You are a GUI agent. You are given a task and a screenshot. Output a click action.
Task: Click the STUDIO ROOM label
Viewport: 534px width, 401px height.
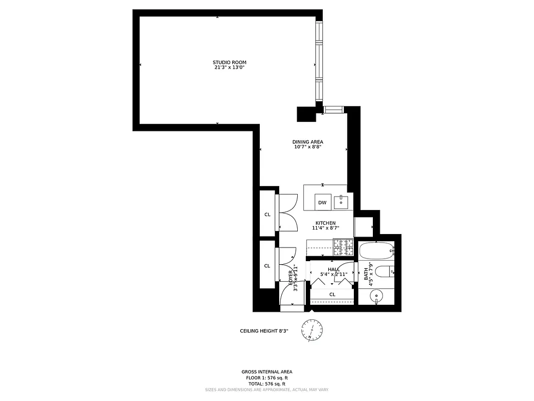point(229,62)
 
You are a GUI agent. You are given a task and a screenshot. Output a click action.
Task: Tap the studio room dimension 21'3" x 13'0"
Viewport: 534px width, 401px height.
point(229,67)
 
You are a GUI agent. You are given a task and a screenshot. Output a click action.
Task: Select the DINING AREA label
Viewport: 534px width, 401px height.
point(308,142)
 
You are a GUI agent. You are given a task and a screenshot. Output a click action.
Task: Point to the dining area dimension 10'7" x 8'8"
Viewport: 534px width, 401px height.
point(308,147)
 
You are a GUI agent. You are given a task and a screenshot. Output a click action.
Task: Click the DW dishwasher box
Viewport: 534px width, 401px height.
point(322,203)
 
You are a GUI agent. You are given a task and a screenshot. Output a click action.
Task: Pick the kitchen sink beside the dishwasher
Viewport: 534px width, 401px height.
point(343,202)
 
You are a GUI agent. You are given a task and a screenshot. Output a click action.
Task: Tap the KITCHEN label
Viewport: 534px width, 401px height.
point(325,223)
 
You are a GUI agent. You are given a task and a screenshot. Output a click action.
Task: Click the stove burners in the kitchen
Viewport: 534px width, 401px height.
point(344,246)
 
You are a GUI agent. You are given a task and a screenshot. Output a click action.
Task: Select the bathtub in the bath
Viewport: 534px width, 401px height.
point(376,250)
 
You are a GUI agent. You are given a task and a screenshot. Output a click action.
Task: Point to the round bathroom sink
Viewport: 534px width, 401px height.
point(376,297)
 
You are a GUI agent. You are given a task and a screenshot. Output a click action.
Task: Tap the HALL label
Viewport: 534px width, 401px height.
point(334,269)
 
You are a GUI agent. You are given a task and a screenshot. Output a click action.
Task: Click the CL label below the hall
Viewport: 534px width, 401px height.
point(332,294)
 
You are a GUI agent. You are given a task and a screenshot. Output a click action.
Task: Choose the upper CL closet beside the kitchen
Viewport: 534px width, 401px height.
point(267,215)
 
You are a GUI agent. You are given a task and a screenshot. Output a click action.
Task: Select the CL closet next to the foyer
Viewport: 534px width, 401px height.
point(267,266)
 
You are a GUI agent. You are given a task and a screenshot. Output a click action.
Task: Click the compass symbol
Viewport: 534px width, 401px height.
point(312,330)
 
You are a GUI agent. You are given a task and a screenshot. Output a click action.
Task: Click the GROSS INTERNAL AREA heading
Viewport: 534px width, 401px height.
point(265,372)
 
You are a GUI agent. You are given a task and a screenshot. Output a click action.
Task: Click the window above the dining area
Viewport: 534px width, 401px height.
point(332,110)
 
